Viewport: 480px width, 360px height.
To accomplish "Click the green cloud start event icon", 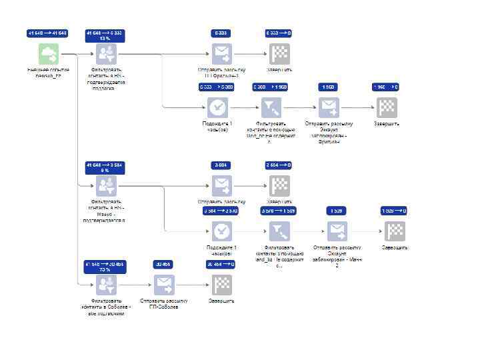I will pyautogui.click(x=48, y=53).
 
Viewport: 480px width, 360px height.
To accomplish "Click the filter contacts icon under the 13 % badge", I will pyautogui.click(x=107, y=53).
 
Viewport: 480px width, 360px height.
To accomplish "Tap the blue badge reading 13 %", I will pyautogui.click(x=105, y=35).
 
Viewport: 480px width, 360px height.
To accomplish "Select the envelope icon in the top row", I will pyautogui.click(x=221, y=53).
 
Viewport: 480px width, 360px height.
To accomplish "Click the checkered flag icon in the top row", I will pyautogui.click(x=279, y=53).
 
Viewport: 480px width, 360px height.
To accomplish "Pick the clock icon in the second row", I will pyautogui.click(x=217, y=107).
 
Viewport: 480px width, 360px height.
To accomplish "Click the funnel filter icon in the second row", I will pyautogui.click(x=271, y=107).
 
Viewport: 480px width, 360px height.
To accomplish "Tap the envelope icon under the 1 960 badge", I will pyautogui.click(x=329, y=107).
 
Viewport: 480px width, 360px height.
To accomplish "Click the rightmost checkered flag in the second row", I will pyautogui.click(x=387, y=107).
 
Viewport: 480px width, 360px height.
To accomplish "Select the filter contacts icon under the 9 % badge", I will pyautogui.click(x=107, y=185).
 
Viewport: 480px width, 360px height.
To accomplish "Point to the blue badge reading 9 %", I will pyautogui.click(x=105, y=167).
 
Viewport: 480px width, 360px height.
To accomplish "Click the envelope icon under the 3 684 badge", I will pyautogui.click(x=221, y=185).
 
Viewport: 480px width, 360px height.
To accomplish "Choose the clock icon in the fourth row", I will pyautogui.click(x=222, y=231).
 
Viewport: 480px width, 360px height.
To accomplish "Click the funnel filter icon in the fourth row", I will pyautogui.click(x=279, y=231).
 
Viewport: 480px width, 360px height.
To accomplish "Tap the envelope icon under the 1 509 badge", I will pyautogui.click(x=337, y=231).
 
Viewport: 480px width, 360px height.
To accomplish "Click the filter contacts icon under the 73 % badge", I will pyautogui.click(x=106, y=285).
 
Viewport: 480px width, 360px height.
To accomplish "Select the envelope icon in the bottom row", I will pyautogui.click(x=164, y=285).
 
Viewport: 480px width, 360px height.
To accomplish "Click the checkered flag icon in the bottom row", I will pyautogui.click(x=222, y=285).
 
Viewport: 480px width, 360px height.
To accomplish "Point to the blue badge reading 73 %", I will pyautogui.click(x=105, y=267).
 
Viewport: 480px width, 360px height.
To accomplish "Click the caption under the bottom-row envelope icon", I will pyautogui.click(x=164, y=304).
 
